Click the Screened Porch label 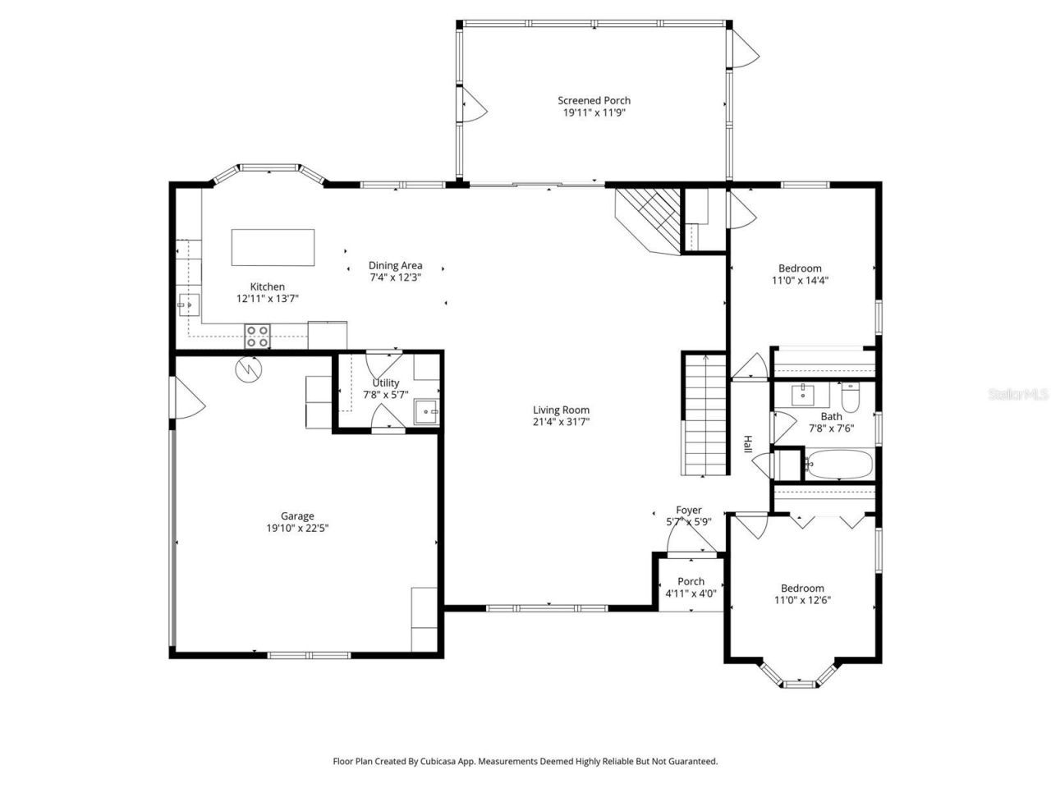click(594, 101)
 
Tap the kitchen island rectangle click(273, 247)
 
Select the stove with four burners click(257, 337)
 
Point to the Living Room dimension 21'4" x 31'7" click(561, 422)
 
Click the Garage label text click(297, 516)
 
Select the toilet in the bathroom click(850, 398)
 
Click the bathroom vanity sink click(802, 396)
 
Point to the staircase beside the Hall click(704, 414)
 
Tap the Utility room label click(385, 383)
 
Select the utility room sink click(426, 412)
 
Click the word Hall click(747, 444)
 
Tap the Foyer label click(688, 510)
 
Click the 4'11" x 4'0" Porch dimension click(691, 593)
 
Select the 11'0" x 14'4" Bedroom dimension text click(800, 280)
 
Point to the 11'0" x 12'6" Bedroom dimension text click(802, 600)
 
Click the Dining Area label click(395, 265)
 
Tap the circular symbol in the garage click(247, 369)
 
